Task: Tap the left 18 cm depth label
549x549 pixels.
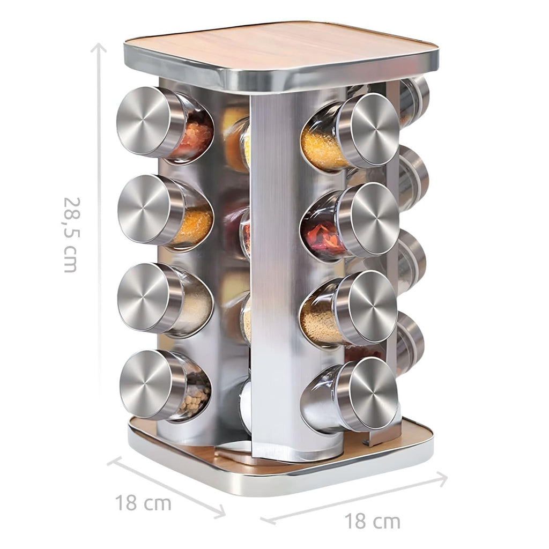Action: coord(143,503)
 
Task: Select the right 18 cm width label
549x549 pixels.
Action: coord(372,521)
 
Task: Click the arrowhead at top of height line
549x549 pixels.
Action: coord(99,47)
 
